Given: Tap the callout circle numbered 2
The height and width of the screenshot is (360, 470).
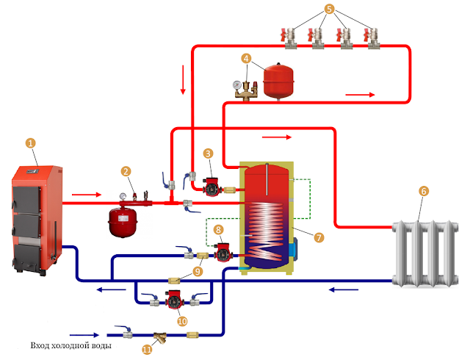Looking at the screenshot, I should [127, 171].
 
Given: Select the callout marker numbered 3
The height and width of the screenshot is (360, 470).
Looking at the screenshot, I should [209, 154].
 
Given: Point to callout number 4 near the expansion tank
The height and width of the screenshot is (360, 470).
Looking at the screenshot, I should [247, 58].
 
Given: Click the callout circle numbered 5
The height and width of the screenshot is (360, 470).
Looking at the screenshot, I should [330, 10].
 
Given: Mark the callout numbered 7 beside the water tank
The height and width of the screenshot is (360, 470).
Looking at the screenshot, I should [319, 237].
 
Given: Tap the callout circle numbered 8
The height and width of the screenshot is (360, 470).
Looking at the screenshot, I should [217, 230].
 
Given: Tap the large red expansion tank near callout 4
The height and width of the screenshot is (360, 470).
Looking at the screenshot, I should [280, 80].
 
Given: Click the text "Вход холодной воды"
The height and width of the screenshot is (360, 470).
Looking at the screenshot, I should [70, 345].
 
